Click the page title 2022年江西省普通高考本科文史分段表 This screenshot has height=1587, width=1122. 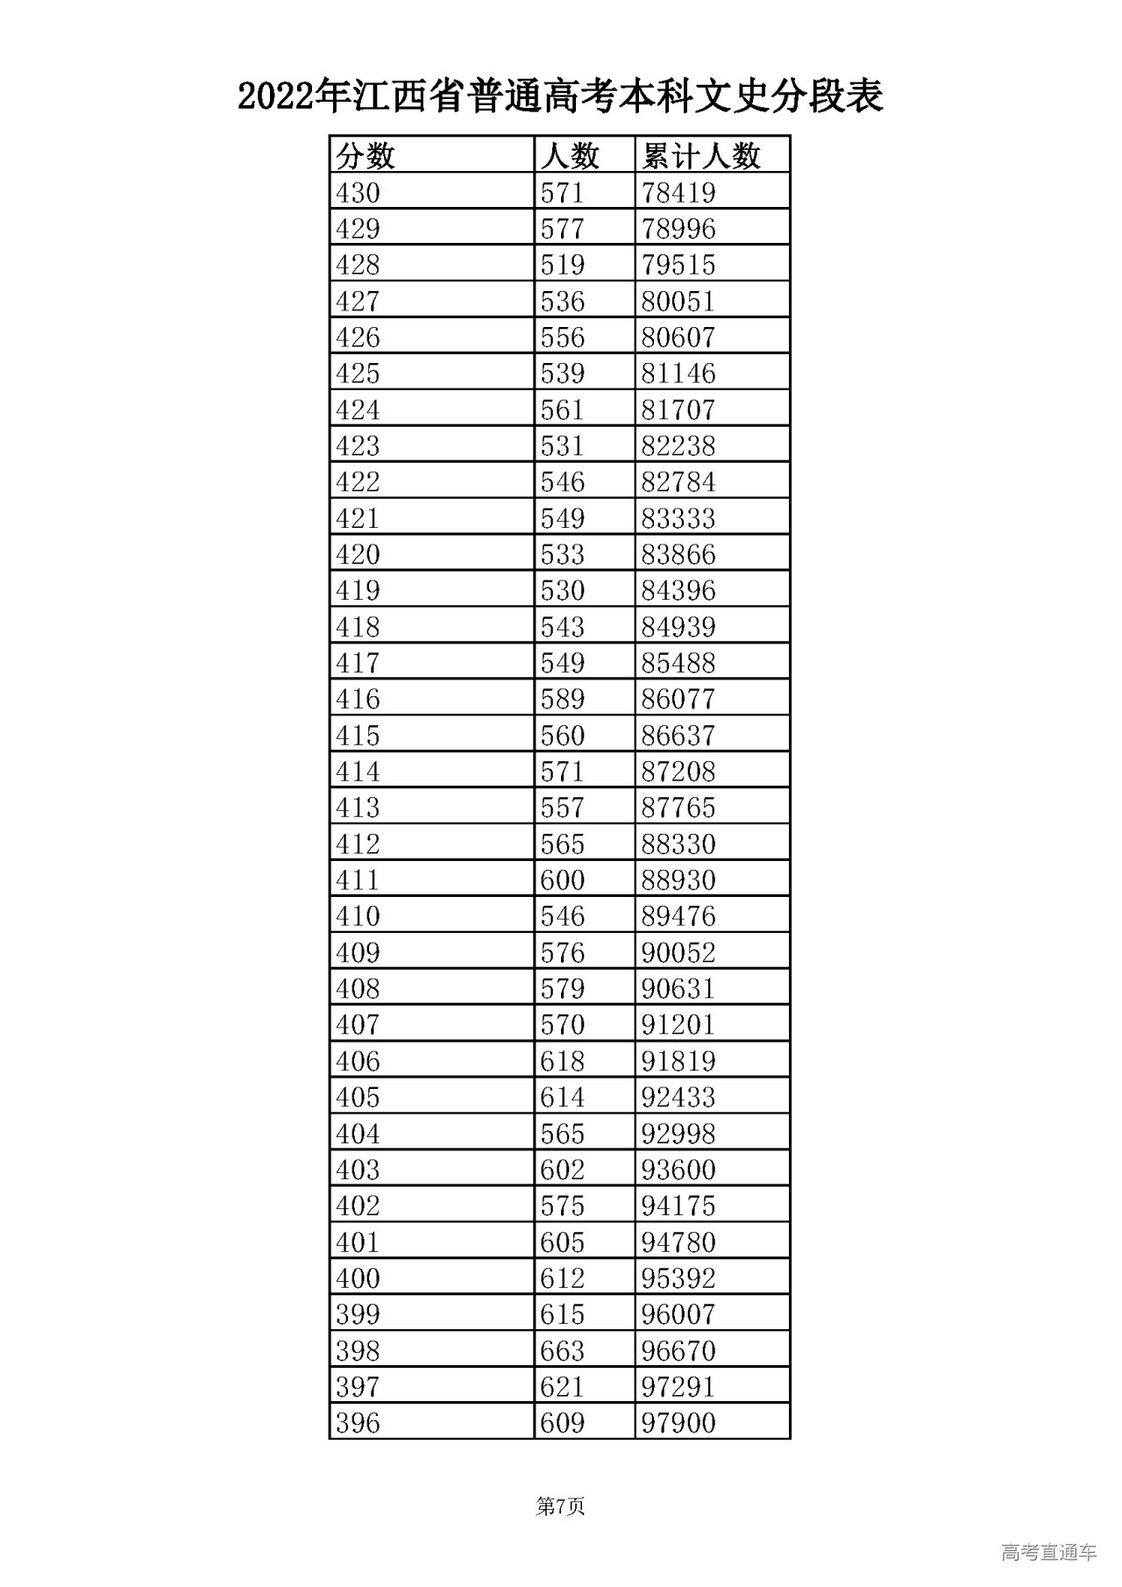[x=560, y=96]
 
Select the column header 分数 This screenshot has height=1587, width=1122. [x=366, y=156]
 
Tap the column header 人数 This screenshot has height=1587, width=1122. [x=570, y=156]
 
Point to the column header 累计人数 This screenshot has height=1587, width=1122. [x=700, y=156]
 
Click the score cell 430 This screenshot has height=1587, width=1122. [x=358, y=193]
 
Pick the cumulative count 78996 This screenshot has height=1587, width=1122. [x=678, y=229]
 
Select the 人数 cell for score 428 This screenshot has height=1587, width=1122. [x=562, y=265]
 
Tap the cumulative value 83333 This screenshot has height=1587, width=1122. [x=678, y=518]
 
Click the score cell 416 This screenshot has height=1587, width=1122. [x=358, y=699]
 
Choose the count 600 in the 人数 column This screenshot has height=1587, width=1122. [x=562, y=879]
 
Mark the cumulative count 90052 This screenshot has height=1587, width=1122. [x=678, y=952]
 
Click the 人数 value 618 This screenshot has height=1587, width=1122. [x=562, y=1061]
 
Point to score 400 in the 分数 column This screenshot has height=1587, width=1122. [x=358, y=1278]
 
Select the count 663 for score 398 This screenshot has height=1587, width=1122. [x=562, y=1350]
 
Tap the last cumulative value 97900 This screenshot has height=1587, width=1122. [x=678, y=1423]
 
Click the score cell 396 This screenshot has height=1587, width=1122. [x=358, y=1423]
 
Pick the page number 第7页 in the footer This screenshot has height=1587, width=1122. [x=560, y=1506]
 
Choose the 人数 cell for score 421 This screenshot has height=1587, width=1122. [x=562, y=518]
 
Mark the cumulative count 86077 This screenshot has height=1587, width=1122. [x=678, y=699]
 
